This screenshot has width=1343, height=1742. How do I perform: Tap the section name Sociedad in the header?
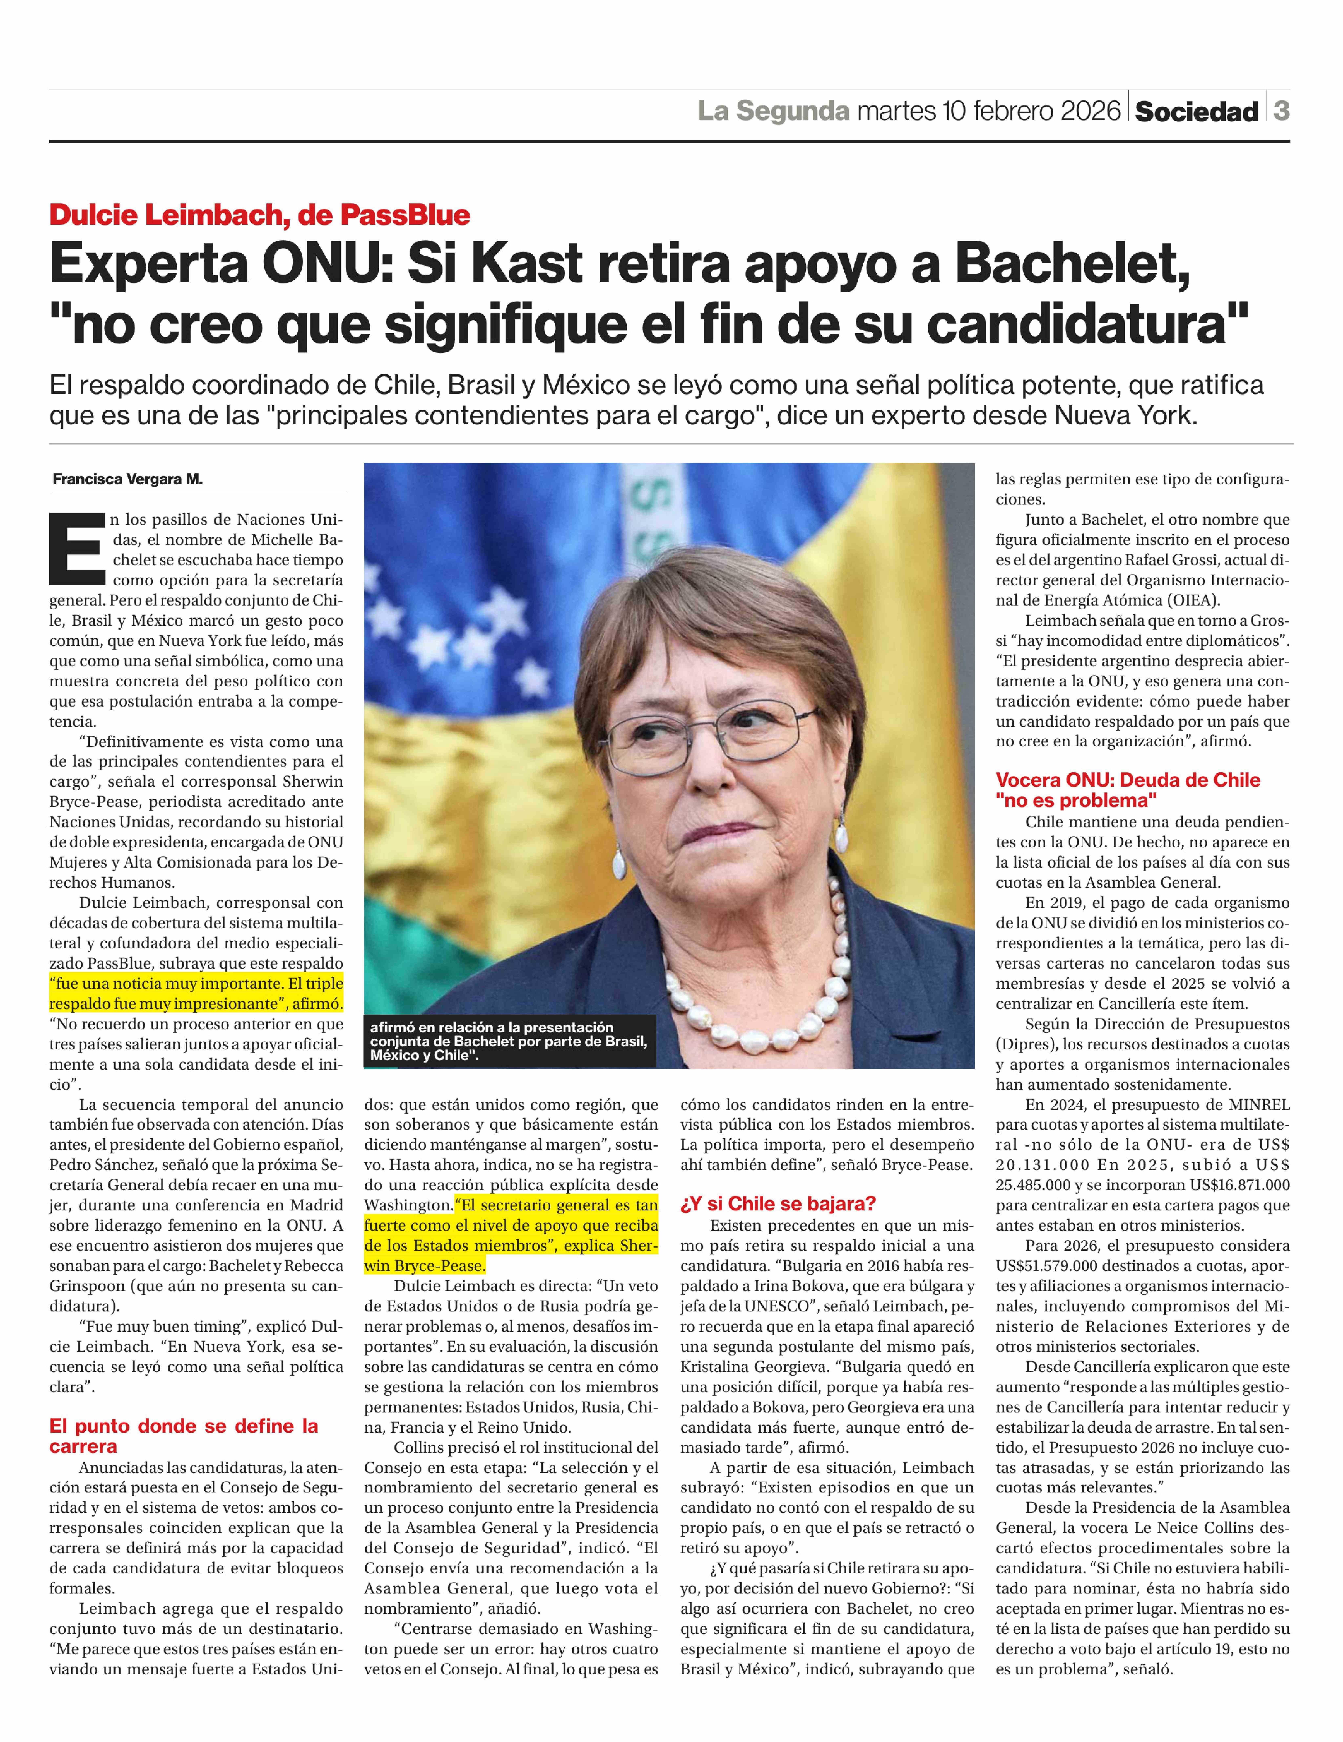tap(1196, 112)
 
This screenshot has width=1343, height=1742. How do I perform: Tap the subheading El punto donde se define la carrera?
tap(183, 1436)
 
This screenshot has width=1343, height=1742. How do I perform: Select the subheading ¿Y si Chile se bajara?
tap(778, 1204)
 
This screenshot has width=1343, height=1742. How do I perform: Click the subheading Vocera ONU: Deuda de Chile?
tap(1128, 780)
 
